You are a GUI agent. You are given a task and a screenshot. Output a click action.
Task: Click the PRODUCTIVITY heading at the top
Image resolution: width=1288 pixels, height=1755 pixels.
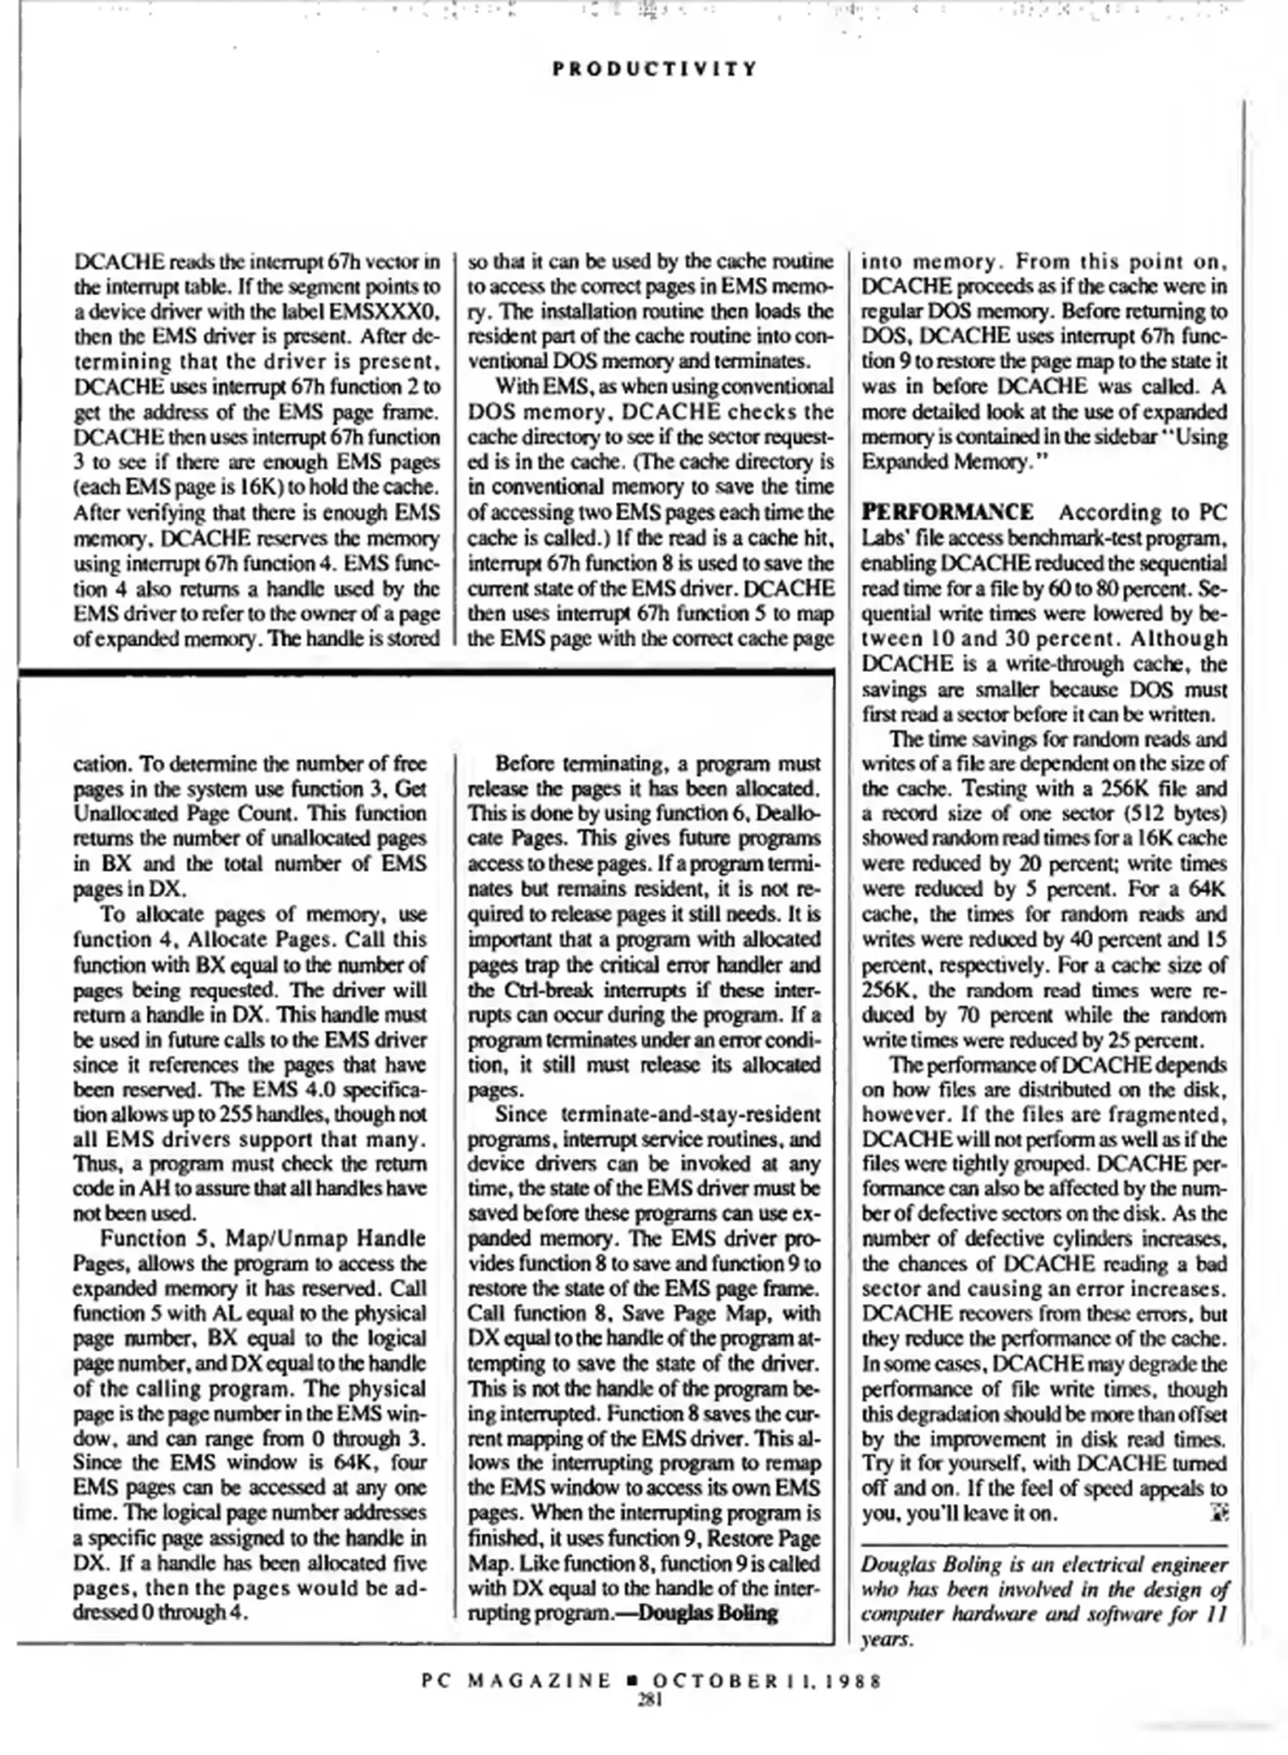tap(654, 68)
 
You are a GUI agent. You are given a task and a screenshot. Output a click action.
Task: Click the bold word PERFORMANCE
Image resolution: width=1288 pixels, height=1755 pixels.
tap(948, 512)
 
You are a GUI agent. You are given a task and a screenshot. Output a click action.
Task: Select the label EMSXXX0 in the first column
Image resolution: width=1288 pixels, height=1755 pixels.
tap(392, 311)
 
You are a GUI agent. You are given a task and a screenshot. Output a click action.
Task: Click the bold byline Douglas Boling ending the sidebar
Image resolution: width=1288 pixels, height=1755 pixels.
tap(708, 1613)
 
